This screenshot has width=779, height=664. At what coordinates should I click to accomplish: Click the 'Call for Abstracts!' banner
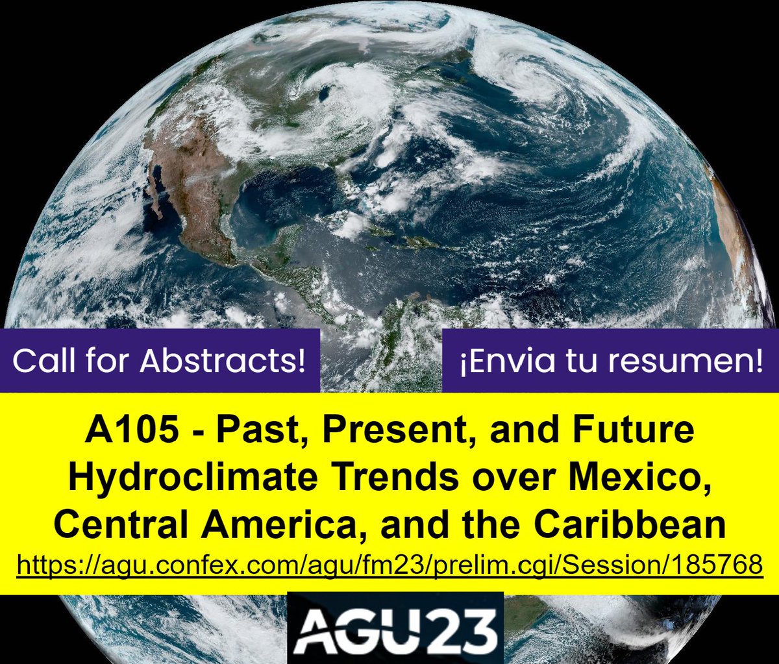click(159, 361)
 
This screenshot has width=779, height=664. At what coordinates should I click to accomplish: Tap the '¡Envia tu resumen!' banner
click(611, 361)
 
